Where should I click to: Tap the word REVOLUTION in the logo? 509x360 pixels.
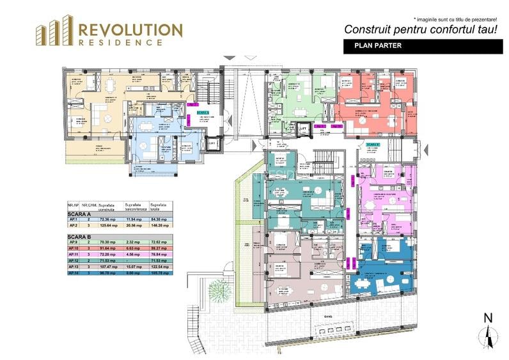[130, 29]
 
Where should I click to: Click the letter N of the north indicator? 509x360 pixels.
[488, 318]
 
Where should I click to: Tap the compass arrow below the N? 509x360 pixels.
[488, 336]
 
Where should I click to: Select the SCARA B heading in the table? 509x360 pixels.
[77, 237]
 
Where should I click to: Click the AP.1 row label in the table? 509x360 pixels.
[72, 219]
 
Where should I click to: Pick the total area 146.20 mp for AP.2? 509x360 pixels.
[159, 225]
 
